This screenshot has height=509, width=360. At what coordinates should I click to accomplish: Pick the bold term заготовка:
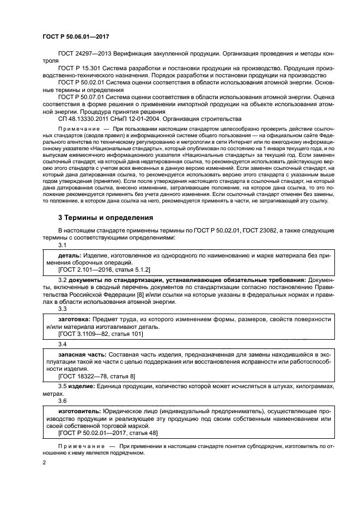point(75,319)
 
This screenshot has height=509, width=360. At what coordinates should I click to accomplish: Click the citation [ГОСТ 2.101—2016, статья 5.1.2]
point(104,269)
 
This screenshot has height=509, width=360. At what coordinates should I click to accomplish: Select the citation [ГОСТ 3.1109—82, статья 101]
point(100,334)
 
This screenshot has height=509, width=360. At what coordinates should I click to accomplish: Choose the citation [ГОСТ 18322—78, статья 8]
point(96,376)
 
